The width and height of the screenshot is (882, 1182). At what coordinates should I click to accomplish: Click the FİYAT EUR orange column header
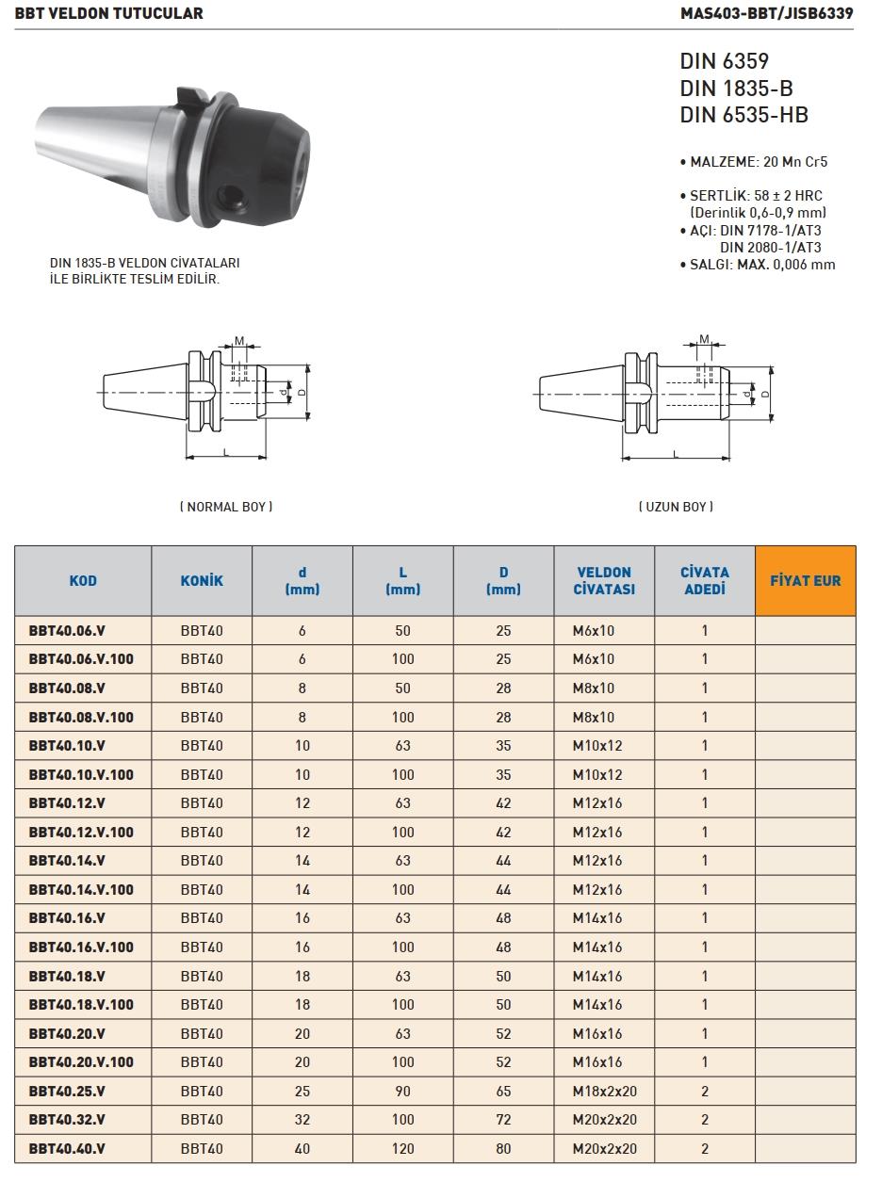[x=806, y=580]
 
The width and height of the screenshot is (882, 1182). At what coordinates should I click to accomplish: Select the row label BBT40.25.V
[x=67, y=1091]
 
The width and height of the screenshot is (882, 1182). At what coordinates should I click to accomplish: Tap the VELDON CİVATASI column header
[x=604, y=580]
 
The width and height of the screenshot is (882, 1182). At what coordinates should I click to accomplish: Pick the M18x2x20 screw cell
[x=604, y=1091]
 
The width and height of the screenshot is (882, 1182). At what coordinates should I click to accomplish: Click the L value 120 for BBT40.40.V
[x=402, y=1148]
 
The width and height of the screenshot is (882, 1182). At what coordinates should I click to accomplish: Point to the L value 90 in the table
[x=402, y=1091]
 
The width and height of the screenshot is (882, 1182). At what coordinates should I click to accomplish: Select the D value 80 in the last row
[x=503, y=1148]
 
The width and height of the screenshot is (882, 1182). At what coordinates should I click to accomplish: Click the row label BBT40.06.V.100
[x=81, y=659]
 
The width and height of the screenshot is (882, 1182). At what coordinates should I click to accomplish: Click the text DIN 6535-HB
[x=743, y=116]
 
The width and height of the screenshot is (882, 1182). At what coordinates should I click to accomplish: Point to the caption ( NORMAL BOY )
[x=226, y=507]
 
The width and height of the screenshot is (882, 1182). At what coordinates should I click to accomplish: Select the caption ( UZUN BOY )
[x=676, y=507]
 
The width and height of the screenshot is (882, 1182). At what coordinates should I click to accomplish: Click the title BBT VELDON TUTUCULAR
[x=108, y=14]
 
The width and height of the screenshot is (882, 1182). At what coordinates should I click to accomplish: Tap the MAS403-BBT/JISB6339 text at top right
[x=766, y=14]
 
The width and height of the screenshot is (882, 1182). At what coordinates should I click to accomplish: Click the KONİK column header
[x=202, y=580]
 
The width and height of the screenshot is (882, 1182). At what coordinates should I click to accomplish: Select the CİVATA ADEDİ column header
[x=705, y=580]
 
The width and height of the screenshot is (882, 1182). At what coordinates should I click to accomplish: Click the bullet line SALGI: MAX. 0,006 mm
[x=758, y=265]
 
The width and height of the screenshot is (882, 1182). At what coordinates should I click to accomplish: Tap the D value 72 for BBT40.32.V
[x=503, y=1120]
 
